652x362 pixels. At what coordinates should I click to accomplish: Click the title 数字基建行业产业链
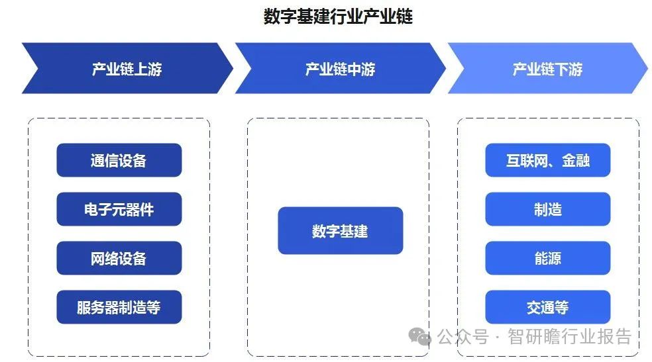338,17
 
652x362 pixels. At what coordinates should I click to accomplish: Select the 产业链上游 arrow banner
126,69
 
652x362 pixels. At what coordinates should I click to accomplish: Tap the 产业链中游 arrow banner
339,69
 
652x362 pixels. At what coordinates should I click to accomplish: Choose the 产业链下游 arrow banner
547,69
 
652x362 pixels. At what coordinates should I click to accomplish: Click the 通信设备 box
119,160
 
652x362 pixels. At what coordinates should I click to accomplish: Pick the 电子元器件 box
119,209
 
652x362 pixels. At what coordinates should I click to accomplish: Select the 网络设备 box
119,258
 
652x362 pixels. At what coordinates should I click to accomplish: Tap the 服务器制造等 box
119,307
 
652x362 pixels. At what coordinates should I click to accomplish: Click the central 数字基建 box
340,231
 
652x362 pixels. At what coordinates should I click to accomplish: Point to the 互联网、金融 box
547,160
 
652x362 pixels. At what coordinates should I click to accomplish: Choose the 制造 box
547,209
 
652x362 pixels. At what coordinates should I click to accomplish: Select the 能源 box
547,258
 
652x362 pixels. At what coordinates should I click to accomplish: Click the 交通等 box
547,307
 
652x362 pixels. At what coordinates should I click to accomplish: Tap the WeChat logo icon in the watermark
419,337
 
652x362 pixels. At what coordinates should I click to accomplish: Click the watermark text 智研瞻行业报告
569,337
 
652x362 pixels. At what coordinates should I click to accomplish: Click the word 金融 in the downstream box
575,160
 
